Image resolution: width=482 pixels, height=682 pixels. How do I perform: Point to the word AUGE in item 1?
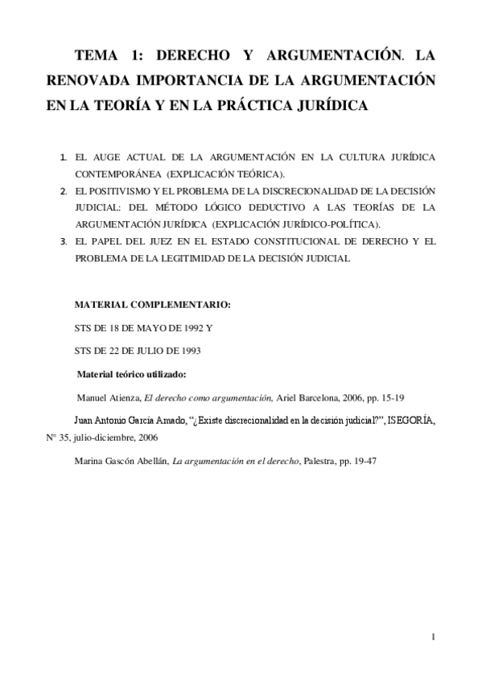point(111,158)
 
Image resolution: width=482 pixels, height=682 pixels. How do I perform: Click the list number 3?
point(64,240)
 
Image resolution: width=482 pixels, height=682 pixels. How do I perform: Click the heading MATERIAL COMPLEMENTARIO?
point(152,306)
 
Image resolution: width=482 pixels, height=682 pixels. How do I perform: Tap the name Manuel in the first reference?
point(93,397)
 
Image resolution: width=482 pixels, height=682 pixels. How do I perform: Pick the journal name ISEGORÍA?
point(412,420)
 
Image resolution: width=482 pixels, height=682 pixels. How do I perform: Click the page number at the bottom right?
point(433,638)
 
